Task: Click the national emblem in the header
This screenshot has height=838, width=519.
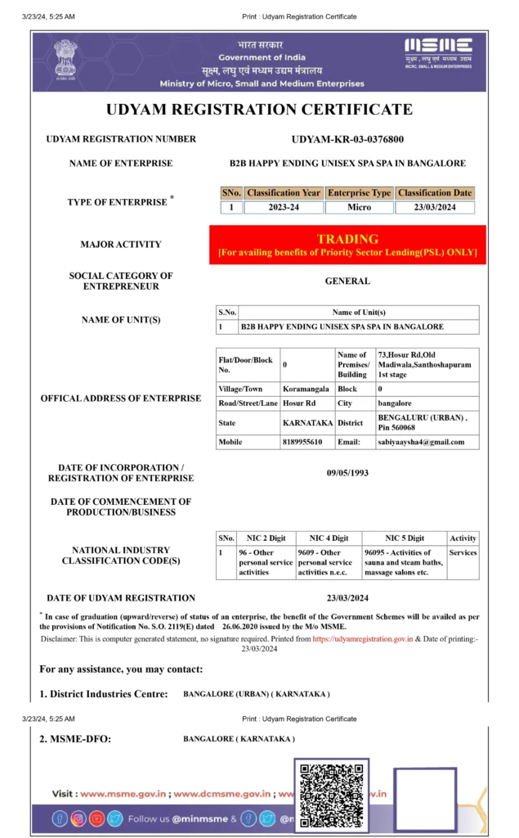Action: [x=65, y=58]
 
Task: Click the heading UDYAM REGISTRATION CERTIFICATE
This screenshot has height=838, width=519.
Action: [x=259, y=110]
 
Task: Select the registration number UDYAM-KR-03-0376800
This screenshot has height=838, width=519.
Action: [x=347, y=139]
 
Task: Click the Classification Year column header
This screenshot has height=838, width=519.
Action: [x=284, y=193]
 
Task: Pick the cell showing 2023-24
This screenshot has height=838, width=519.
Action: [x=284, y=207]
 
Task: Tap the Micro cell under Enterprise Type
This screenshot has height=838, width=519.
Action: [x=359, y=207]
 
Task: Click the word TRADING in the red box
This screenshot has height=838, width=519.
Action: [x=347, y=239]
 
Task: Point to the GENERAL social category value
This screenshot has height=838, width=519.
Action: [x=347, y=281]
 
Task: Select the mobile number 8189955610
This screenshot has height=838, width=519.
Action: [x=302, y=442]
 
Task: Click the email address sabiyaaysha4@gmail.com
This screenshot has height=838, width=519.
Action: [x=420, y=442]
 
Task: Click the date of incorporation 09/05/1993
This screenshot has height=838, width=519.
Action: [x=347, y=472]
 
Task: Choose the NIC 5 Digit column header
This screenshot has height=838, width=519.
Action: [x=405, y=538]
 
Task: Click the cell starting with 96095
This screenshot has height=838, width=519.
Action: [x=405, y=562]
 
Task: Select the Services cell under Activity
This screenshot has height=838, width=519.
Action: [x=463, y=552]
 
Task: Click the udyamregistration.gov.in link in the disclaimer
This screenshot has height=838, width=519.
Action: [x=362, y=638]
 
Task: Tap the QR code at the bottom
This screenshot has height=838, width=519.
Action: [x=331, y=796]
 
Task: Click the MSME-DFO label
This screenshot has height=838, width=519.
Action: [x=76, y=740]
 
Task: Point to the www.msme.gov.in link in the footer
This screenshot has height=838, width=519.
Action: [x=124, y=794]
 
